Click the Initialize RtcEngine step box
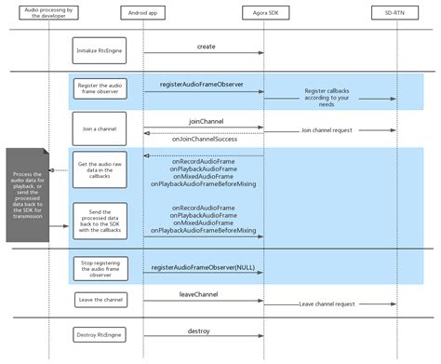[99, 50]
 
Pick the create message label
[207, 46]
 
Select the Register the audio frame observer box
[99, 90]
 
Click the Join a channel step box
[99, 128]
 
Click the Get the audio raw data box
[99, 170]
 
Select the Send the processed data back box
[99, 220]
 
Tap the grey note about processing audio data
[27, 194]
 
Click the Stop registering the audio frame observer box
[99, 269]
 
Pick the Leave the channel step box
[99, 300]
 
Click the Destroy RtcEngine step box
[99, 333]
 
